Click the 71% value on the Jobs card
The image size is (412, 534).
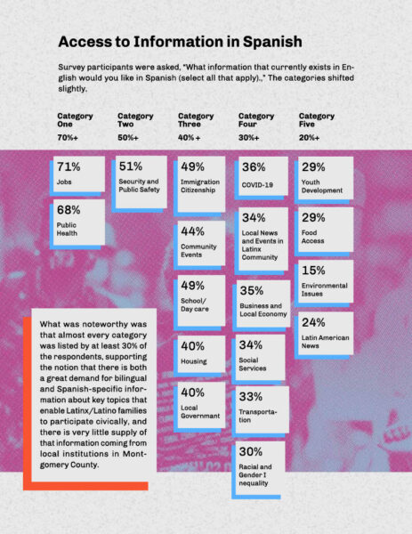tap(69, 166)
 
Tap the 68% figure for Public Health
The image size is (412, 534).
tap(69, 210)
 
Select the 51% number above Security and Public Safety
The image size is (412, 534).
tap(131, 166)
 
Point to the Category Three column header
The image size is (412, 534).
tap(196, 120)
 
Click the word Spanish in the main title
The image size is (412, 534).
tap(272, 42)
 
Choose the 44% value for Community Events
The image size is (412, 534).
tap(193, 231)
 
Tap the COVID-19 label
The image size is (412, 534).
tap(257, 185)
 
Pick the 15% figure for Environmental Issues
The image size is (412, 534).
tap(313, 271)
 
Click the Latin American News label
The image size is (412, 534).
tap(325, 342)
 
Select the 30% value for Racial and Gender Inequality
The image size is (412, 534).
tap(251, 451)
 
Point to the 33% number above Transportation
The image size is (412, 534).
tap(251, 396)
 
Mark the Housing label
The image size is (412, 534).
tap(194, 361)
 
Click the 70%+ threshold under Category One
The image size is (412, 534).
tap(68, 138)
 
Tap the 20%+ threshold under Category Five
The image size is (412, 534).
tap(309, 138)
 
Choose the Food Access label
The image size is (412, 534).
tap(312, 237)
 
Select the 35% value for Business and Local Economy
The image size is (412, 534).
tap(252, 290)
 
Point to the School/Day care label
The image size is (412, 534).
tap(195, 304)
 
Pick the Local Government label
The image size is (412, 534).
tap(200, 412)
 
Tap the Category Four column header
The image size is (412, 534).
tap(256, 120)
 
